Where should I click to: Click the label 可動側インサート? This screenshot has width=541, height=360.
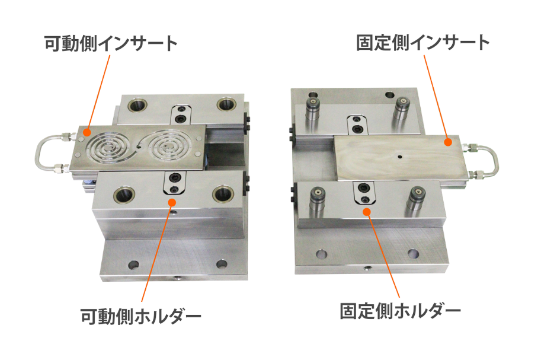click(x=111, y=43)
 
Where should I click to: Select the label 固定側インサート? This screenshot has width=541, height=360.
click(x=422, y=43)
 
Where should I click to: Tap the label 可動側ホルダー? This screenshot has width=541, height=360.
click(x=141, y=316)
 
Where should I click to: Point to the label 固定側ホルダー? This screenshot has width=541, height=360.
click(x=400, y=311)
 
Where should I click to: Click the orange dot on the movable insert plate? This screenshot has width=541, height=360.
click(x=87, y=132)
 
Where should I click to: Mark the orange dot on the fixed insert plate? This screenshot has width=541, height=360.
click(x=448, y=142)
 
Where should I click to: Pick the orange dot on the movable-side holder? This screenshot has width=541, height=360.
click(x=171, y=202)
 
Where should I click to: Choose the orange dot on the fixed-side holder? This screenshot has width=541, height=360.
click(x=367, y=212)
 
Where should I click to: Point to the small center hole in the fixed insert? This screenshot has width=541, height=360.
click(x=400, y=157)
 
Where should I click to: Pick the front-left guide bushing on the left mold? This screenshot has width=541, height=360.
click(x=124, y=195)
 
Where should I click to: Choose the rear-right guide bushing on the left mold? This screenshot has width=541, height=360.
click(x=226, y=104)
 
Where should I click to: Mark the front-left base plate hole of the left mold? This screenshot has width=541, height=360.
click(x=133, y=265)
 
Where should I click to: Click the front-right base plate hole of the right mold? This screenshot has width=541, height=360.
click(x=413, y=254)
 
